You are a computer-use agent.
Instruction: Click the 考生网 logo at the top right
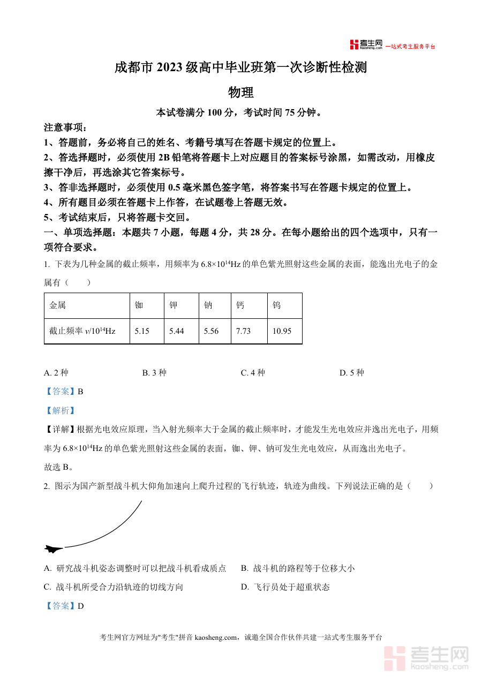pos(366,45)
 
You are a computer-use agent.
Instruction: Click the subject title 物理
pos(240,93)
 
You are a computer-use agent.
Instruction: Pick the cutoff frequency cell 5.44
pos(177,331)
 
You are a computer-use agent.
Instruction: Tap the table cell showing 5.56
pos(212,331)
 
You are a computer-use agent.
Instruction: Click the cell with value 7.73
pos(244,331)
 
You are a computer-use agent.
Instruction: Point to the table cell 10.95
pos(282,331)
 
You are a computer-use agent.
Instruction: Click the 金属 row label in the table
pos(58,305)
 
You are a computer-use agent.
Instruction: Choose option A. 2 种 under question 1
pos(56,373)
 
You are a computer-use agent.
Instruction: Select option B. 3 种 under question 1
pos(154,373)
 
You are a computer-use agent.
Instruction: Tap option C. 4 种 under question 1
pos(253,373)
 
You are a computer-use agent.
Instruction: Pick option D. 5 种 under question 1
pos(351,373)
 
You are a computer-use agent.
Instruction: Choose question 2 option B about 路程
pos(297,568)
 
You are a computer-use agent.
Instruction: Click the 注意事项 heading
pos(65,128)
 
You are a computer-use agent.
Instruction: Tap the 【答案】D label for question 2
pos(64,606)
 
